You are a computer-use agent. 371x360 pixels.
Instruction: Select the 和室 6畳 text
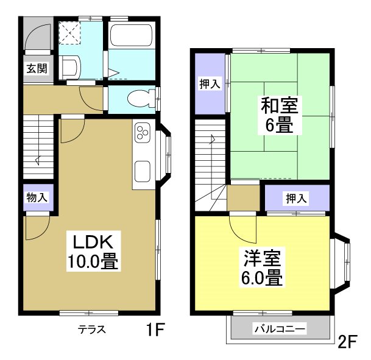tap(280, 116)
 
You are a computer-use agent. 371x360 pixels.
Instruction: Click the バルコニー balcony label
tap(280, 329)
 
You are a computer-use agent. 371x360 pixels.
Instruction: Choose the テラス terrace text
tap(92, 330)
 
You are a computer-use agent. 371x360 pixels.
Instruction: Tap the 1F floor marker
tap(155, 331)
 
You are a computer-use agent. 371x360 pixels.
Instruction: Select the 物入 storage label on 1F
tap(37, 197)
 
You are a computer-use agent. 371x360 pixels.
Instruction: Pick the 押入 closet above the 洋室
tap(297, 197)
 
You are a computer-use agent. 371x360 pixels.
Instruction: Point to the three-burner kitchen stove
tap(143, 132)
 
